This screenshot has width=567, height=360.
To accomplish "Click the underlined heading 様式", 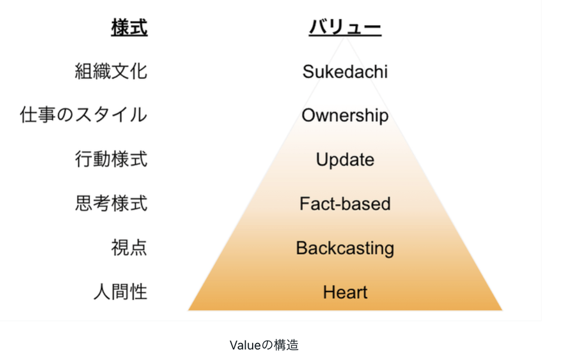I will click(x=129, y=28).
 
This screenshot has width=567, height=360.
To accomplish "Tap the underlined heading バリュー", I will click(x=345, y=27).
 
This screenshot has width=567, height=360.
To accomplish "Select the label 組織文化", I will click(x=111, y=71).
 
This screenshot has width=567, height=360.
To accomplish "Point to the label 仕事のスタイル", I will click(x=83, y=115).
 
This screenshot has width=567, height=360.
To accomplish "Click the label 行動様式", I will click(x=111, y=159).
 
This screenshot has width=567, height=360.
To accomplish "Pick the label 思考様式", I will click(x=111, y=203).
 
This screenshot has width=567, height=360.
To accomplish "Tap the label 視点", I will click(x=129, y=248).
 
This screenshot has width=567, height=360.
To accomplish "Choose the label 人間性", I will click(x=120, y=292).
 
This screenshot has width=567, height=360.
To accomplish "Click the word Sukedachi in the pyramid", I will click(x=345, y=72).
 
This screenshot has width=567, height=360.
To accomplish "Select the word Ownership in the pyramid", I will click(x=345, y=116).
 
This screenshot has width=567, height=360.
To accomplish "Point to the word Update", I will click(x=345, y=160).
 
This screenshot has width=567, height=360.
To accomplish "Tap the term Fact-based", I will click(x=345, y=204).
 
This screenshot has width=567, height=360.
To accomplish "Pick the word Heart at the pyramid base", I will click(x=345, y=293).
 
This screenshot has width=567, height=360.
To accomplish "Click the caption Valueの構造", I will click(x=264, y=345).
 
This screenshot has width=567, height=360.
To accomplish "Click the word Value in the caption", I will click(x=245, y=345).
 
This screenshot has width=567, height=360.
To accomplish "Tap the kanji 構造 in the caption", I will click(x=286, y=345).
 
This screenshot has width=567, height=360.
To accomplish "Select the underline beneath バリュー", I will click(x=345, y=36).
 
